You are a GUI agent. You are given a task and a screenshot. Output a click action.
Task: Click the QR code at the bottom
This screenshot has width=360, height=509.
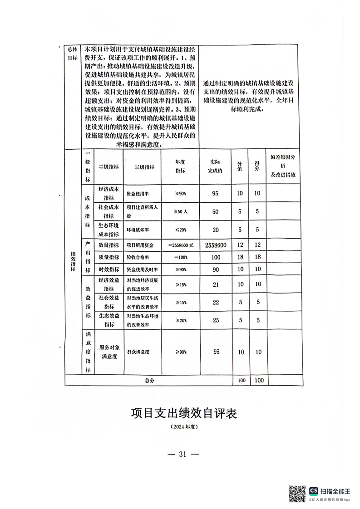coord(297,494)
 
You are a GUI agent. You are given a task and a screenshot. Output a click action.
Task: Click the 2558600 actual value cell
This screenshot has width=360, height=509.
coord(216,245)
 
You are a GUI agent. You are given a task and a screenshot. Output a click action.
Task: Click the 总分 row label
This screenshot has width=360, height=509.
coord(149,381)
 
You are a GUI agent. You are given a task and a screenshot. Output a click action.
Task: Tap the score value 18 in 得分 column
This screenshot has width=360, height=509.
coord(257,257)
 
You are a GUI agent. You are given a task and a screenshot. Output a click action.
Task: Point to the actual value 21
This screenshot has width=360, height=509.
coord(216,284)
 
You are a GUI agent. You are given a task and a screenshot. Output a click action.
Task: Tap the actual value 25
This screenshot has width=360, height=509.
coord(216,320)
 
